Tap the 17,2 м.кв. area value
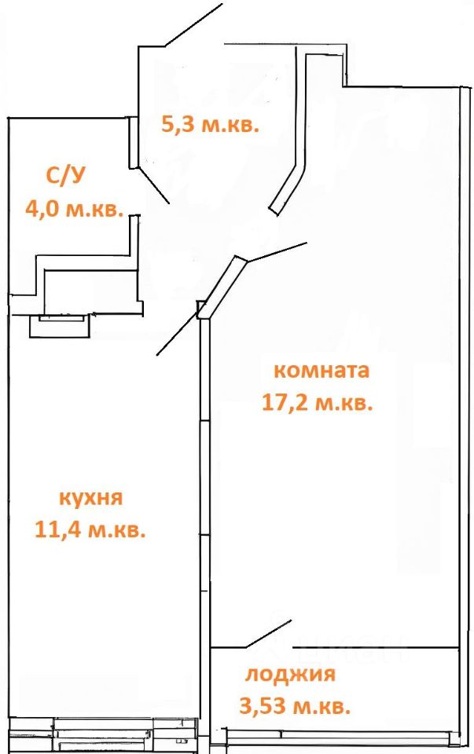click(x=316, y=404)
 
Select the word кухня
click(x=90, y=498)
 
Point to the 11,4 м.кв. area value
click(x=90, y=530)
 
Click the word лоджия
click(x=291, y=674)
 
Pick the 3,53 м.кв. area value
click(x=295, y=705)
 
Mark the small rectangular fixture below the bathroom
click(x=60, y=324)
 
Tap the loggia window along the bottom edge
click(x=338, y=736)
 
